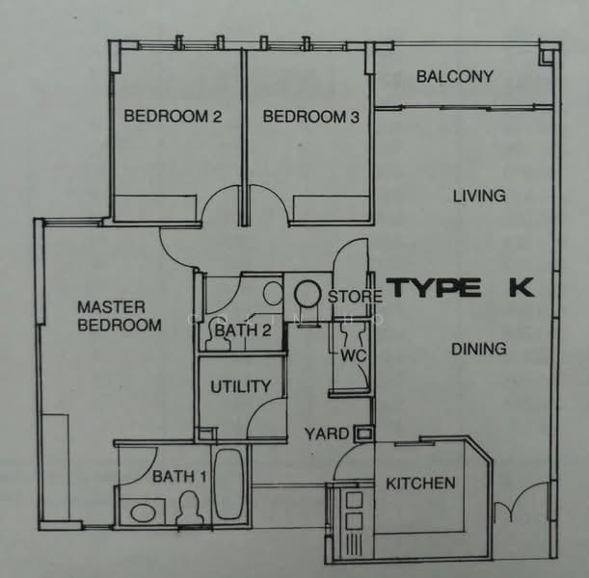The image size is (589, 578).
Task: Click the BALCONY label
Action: pos(454,77)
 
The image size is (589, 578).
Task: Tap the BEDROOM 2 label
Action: pos(174,118)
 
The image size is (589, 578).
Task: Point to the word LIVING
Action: pos(479,197)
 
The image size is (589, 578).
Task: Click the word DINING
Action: pos(479,349)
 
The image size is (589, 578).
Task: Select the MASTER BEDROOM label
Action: pos(120,316)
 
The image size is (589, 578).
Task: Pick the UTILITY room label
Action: pos(240,387)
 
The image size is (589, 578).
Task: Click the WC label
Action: pos(351,355)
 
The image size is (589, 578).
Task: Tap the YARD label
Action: pos(326,434)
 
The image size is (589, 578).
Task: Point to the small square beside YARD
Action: pos(362,434)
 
